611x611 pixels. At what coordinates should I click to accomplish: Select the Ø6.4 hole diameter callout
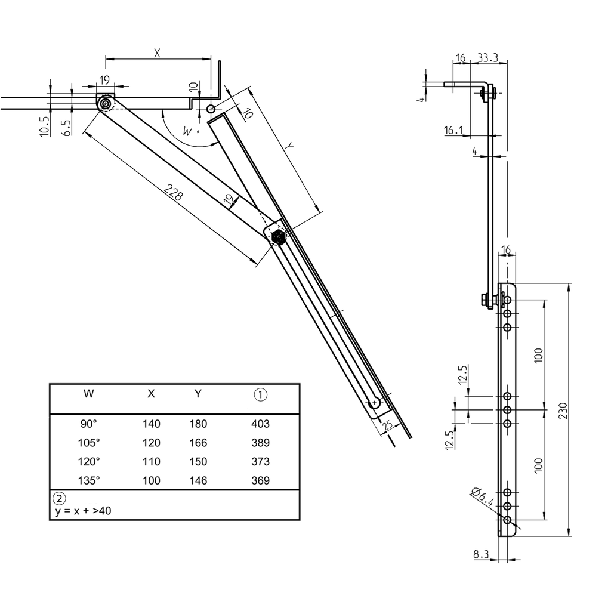tap(482, 497)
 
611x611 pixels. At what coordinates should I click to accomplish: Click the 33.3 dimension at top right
tap(489, 58)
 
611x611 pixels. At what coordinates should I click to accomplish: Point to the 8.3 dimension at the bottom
tap(481, 554)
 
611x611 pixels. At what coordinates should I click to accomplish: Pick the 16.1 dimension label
tap(454, 130)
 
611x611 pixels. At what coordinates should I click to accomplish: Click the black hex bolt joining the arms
tap(278, 237)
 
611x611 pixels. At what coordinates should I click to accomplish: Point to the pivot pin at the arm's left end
tap(106, 104)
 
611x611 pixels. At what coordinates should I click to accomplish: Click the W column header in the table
tap(88, 394)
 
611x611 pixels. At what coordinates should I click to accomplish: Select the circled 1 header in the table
tap(261, 394)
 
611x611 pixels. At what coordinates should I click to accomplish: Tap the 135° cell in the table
tap(89, 480)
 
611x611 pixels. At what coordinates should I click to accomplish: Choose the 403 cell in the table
tap(261, 424)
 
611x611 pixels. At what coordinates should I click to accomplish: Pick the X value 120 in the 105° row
tap(151, 443)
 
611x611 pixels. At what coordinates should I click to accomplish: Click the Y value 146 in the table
tap(198, 480)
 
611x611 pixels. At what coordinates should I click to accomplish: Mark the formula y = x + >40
tap(81, 511)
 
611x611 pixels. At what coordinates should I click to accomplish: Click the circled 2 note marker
tap(59, 498)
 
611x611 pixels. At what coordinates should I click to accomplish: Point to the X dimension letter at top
tap(158, 53)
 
